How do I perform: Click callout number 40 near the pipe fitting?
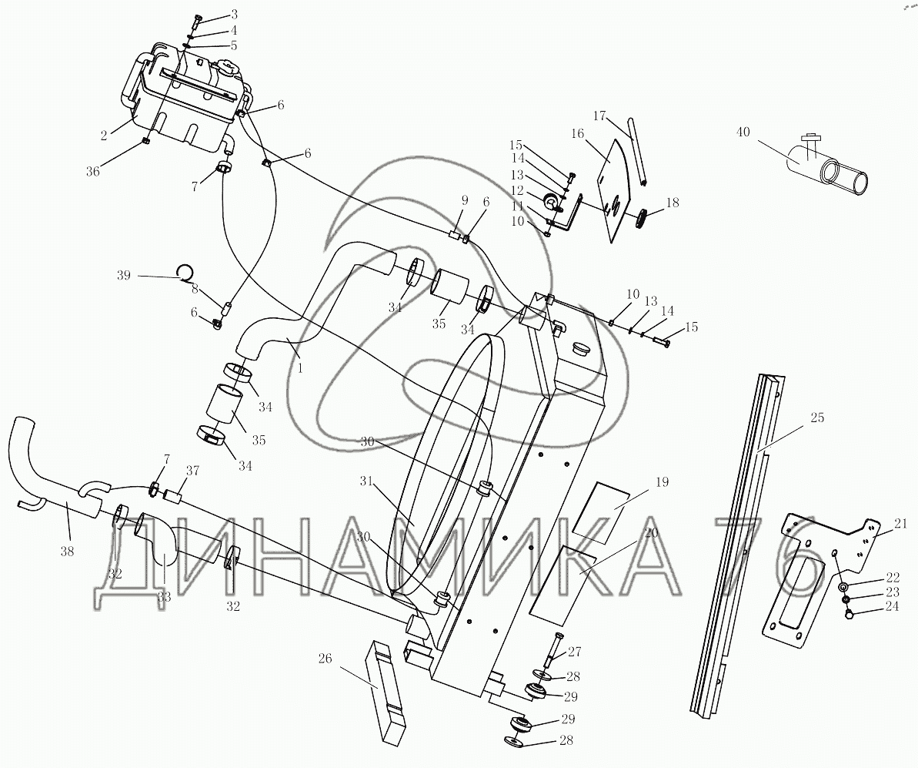pyautogui.click(x=743, y=132)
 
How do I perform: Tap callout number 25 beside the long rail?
pyautogui.click(x=817, y=418)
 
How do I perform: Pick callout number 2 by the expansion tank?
pyautogui.click(x=104, y=136)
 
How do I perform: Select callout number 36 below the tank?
pyautogui.click(x=93, y=171)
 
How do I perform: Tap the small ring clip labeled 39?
pyautogui.click(x=185, y=271)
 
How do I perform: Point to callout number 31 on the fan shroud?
pyautogui.click(x=366, y=481)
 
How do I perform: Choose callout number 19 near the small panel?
pyautogui.click(x=662, y=482)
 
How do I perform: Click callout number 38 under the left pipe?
pyautogui.click(x=67, y=551)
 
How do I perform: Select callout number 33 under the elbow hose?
pyautogui.click(x=164, y=598)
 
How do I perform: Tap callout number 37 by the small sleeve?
pyautogui.click(x=192, y=470)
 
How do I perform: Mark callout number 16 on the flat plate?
pyautogui.click(x=577, y=134)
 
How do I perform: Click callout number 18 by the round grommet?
pyautogui.click(x=672, y=203)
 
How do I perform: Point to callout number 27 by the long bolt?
pyautogui.click(x=574, y=652)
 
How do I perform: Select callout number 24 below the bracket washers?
pyautogui.click(x=891, y=607)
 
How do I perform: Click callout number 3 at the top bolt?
pyautogui.click(x=218, y=14)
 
